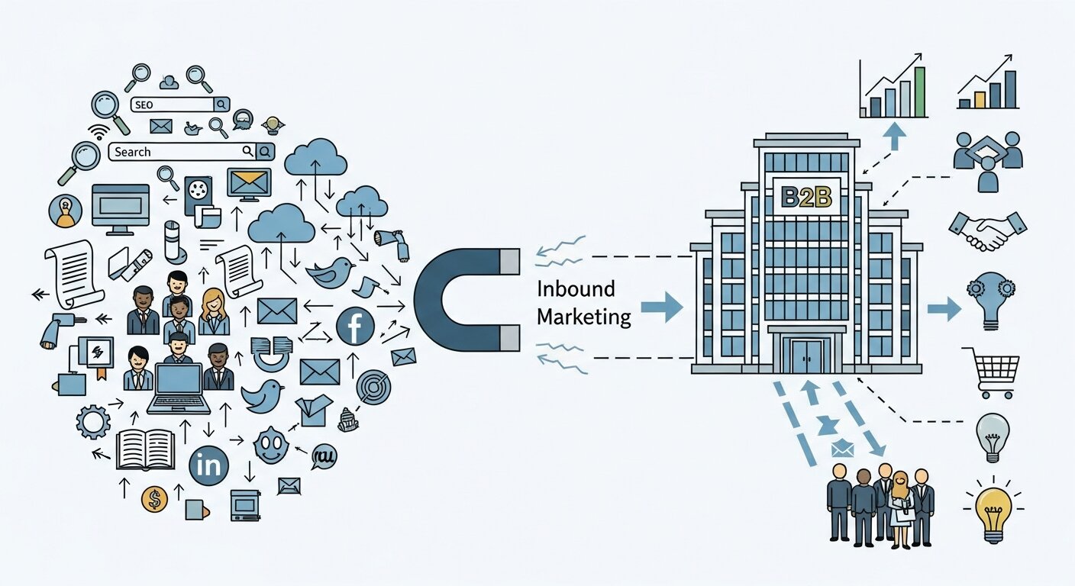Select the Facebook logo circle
click(355, 326)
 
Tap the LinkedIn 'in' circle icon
click(208, 465)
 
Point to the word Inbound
click(576, 291)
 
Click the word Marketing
click(584, 317)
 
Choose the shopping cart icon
click(992, 372)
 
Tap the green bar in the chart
click(919, 91)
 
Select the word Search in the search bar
click(133, 152)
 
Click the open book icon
click(145, 450)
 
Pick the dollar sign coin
click(154, 500)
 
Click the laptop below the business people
click(179, 388)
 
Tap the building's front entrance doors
click(806, 356)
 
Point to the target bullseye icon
click(373, 385)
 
